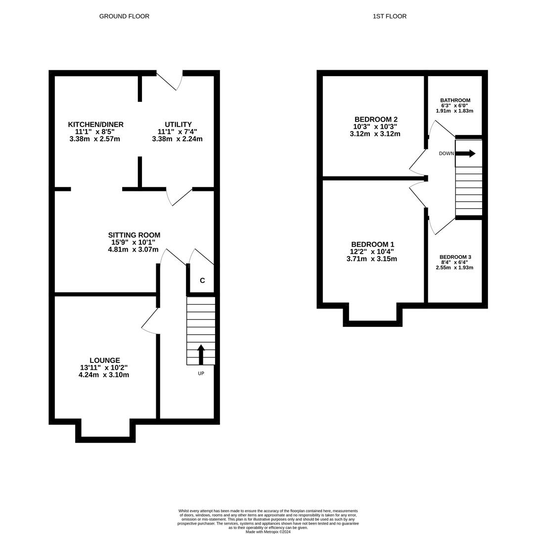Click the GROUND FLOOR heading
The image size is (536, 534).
tap(124, 16)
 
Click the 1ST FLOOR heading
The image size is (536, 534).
tap(390, 16)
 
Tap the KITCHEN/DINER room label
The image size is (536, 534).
tap(95, 125)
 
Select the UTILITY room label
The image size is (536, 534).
tap(178, 125)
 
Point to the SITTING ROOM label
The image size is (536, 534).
tap(134, 235)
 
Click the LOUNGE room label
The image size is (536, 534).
tap(104, 360)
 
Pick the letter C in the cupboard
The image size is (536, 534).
tap(202, 281)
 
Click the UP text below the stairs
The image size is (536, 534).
tap(201, 373)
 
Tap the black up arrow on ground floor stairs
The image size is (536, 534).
tap(201, 354)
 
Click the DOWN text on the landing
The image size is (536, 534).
tap(446, 154)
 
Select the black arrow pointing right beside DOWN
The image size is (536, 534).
tap(465, 154)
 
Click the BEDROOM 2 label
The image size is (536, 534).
tap(376, 120)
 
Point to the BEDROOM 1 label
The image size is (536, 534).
tap(372, 245)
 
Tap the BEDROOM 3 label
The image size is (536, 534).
tap(455, 257)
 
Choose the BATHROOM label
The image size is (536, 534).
tap(455, 100)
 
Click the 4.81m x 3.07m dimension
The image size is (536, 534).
tap(133, 250)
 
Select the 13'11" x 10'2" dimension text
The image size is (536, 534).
tap(104, 368)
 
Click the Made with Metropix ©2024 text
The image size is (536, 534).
tap(268, 532)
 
